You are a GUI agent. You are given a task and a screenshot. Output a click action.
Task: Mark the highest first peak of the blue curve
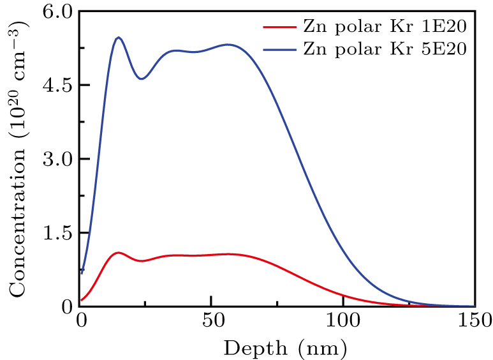click(118, 38)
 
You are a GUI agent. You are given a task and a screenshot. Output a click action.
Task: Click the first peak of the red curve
click(118, 253)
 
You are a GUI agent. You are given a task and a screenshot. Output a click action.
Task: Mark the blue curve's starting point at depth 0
click(82, 273)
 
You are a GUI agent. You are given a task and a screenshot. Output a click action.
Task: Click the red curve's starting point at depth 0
click(82, 300)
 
